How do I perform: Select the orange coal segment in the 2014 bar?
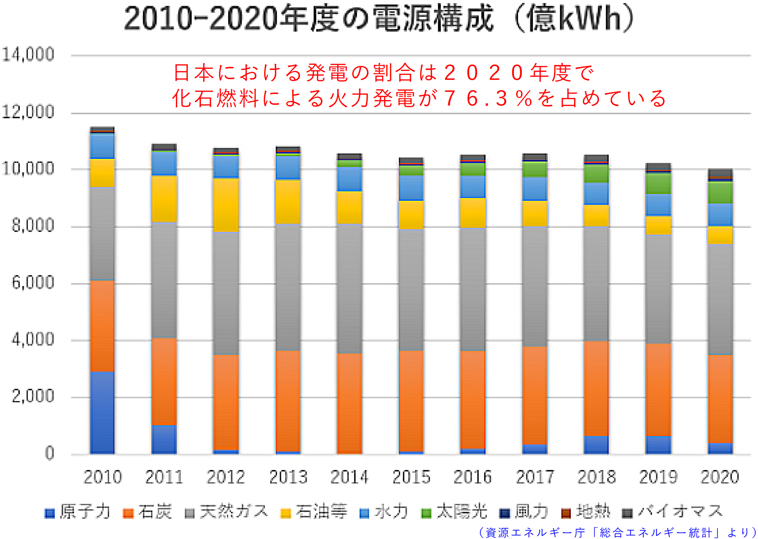click(349, 403)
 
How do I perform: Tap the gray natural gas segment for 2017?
click(535, 286)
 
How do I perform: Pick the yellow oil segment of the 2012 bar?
click(226, 205)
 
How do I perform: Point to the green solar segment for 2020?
click(720, 192)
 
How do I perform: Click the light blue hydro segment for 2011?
click(164, 163)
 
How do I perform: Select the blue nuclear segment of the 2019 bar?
click(658, 445)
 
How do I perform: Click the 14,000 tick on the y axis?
click(28, 55)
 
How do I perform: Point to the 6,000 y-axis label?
click(33, 283)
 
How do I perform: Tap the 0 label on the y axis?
click(49, 453)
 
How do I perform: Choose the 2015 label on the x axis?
click(411, 477)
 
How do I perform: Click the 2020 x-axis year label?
click(720, 477)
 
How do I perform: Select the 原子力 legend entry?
click(78, 512)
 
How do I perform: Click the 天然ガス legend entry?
click(227, 512)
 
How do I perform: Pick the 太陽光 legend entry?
click(454, 512)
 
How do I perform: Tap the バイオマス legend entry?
click(673, 512)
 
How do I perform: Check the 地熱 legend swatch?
click(566, 513)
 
